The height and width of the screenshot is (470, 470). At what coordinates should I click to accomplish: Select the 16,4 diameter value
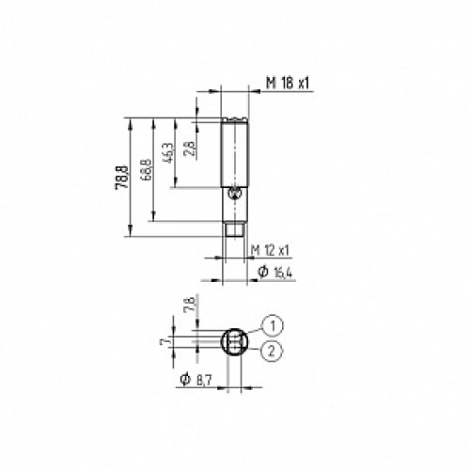point(284,272)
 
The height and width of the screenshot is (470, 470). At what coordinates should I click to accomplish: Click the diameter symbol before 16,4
point(263,272)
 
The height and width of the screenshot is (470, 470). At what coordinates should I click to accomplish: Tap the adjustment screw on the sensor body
point(236,195)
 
